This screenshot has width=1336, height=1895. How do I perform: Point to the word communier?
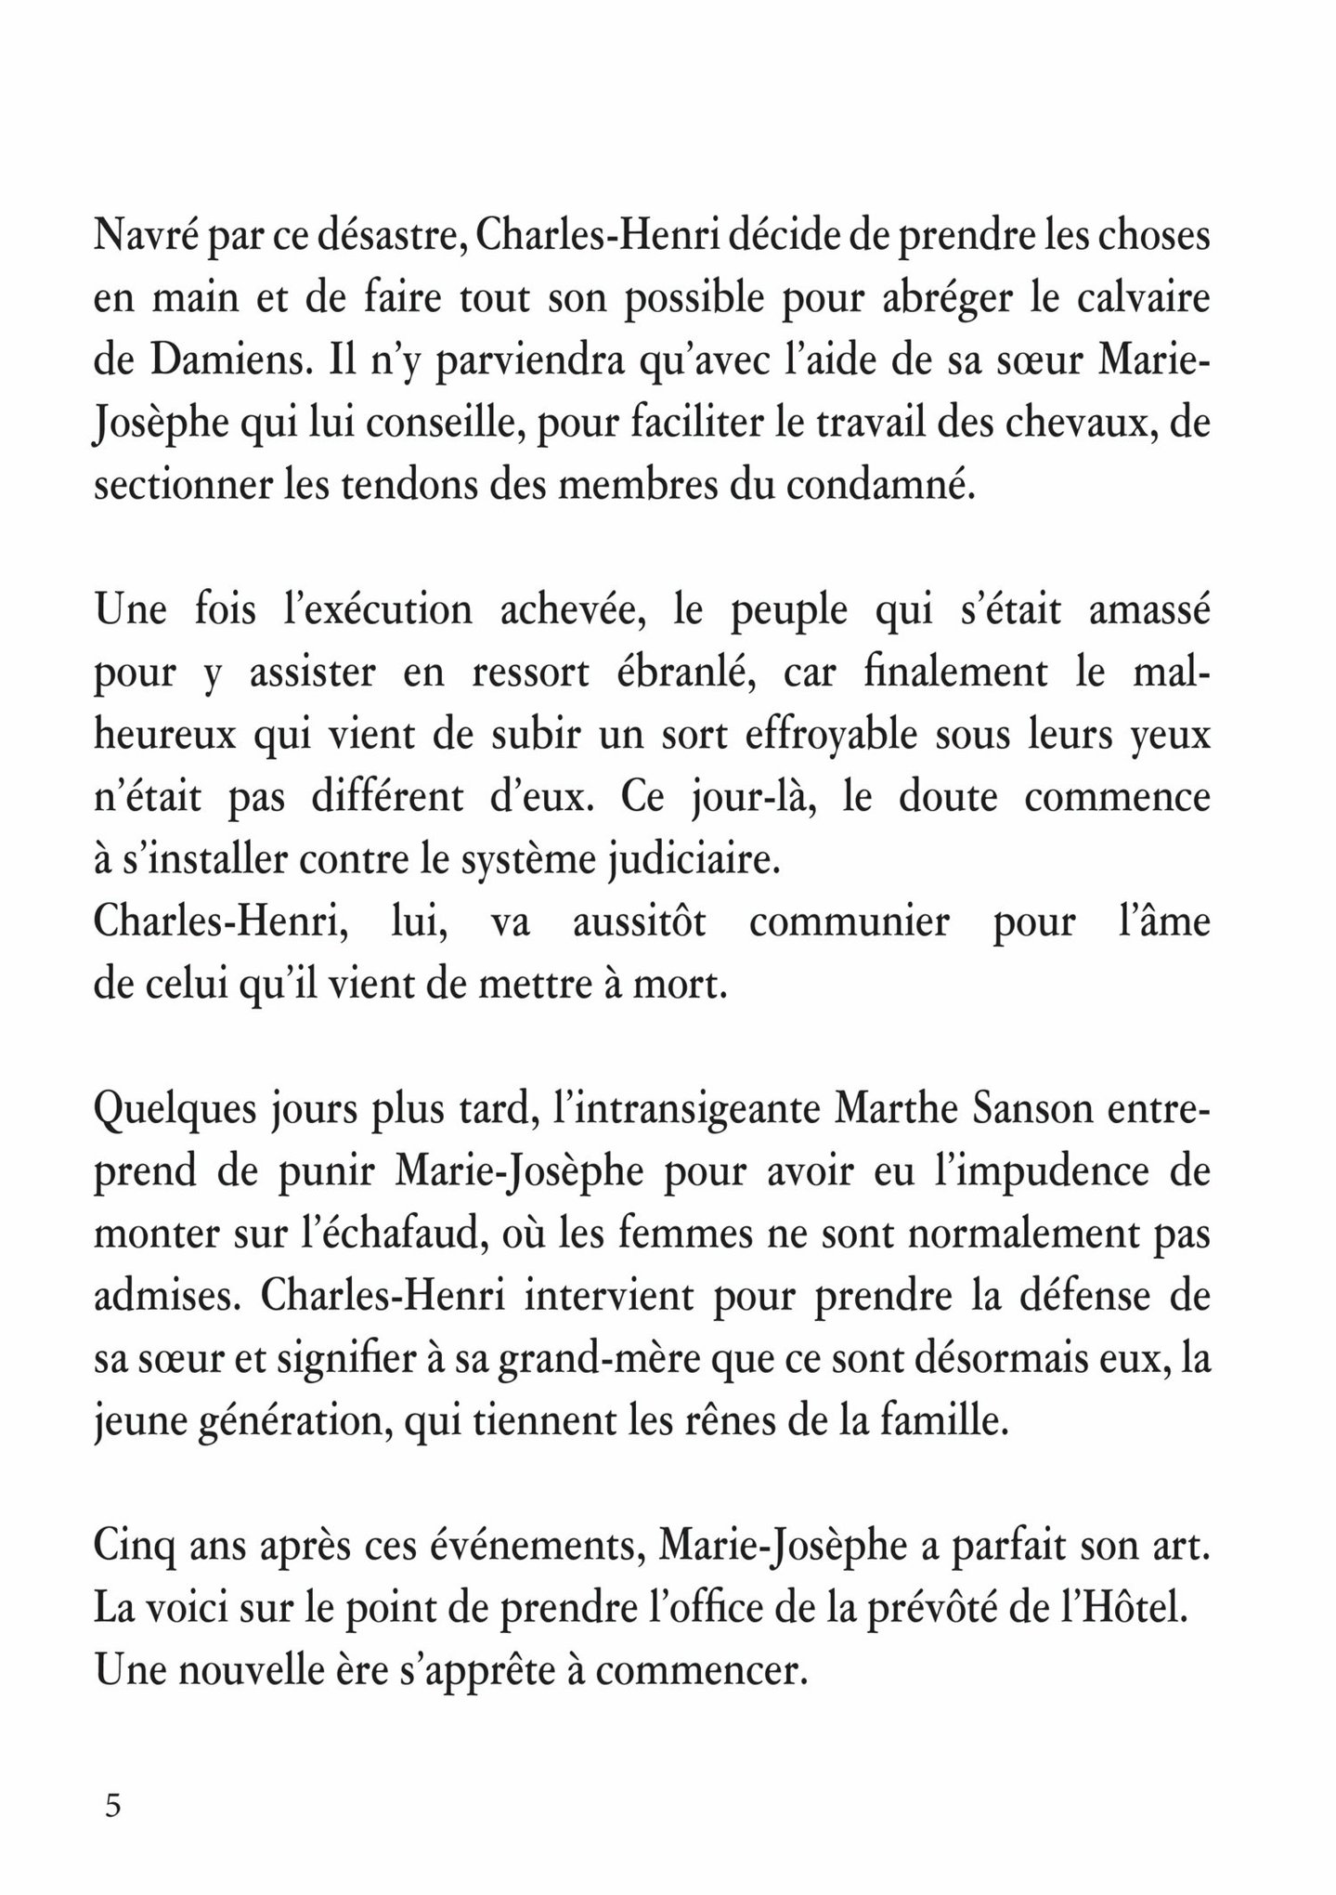[849, 923]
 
